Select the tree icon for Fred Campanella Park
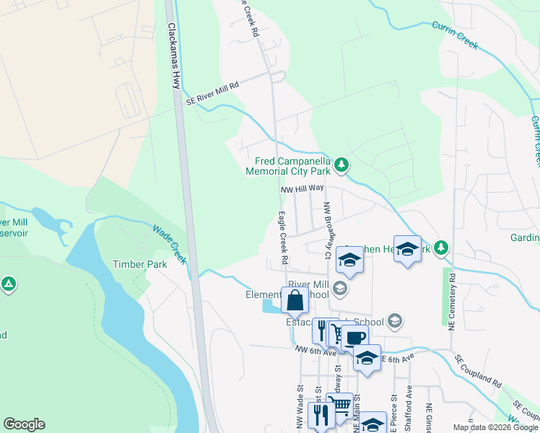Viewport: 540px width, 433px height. (342, 166)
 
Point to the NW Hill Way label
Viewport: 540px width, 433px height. (302, 188)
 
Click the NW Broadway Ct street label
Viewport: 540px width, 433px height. (327, 229)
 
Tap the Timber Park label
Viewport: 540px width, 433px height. (139, 264)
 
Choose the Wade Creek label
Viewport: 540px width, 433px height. (170, 242)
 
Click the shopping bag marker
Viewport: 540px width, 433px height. (295, 300)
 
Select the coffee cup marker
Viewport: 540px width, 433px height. (354, 338)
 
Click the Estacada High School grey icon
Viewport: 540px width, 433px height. (394, 320)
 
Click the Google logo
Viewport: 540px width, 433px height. (24, 424)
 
